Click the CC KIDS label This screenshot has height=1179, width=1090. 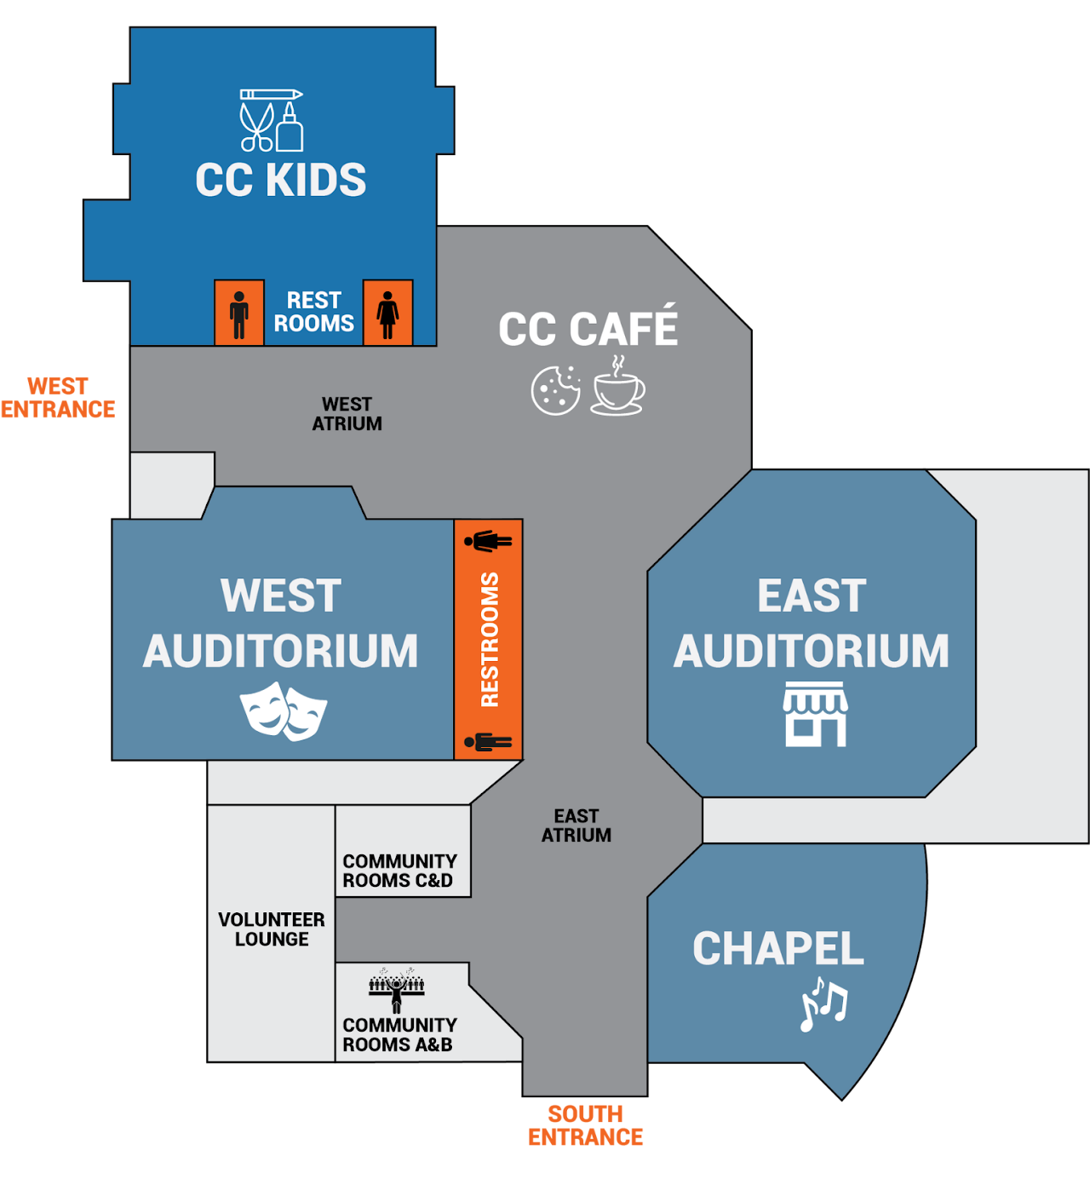pos(281,180)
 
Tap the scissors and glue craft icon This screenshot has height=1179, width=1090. pos(272,120)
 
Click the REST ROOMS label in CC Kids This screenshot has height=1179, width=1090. pos(313,312)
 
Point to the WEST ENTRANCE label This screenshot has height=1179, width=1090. pos(58,398)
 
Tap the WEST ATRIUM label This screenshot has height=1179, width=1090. pos(347,414)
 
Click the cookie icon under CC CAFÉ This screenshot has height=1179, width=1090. pos(556,390)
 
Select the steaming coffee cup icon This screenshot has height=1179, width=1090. pos(618,388)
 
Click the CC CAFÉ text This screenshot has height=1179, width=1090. pos(588,329)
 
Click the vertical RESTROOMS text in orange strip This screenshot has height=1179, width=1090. pos(490,640)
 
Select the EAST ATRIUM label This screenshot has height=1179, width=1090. pos(577,825)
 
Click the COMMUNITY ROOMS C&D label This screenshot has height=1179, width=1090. pos(399,871)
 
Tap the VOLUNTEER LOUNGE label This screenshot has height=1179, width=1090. pos(272,929)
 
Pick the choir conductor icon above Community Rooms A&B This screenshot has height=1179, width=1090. pos(397,988)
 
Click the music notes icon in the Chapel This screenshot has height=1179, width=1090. pos(823,1004)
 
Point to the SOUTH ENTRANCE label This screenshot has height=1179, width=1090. pos(586,1125)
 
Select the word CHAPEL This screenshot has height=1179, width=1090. pos(778,949)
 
